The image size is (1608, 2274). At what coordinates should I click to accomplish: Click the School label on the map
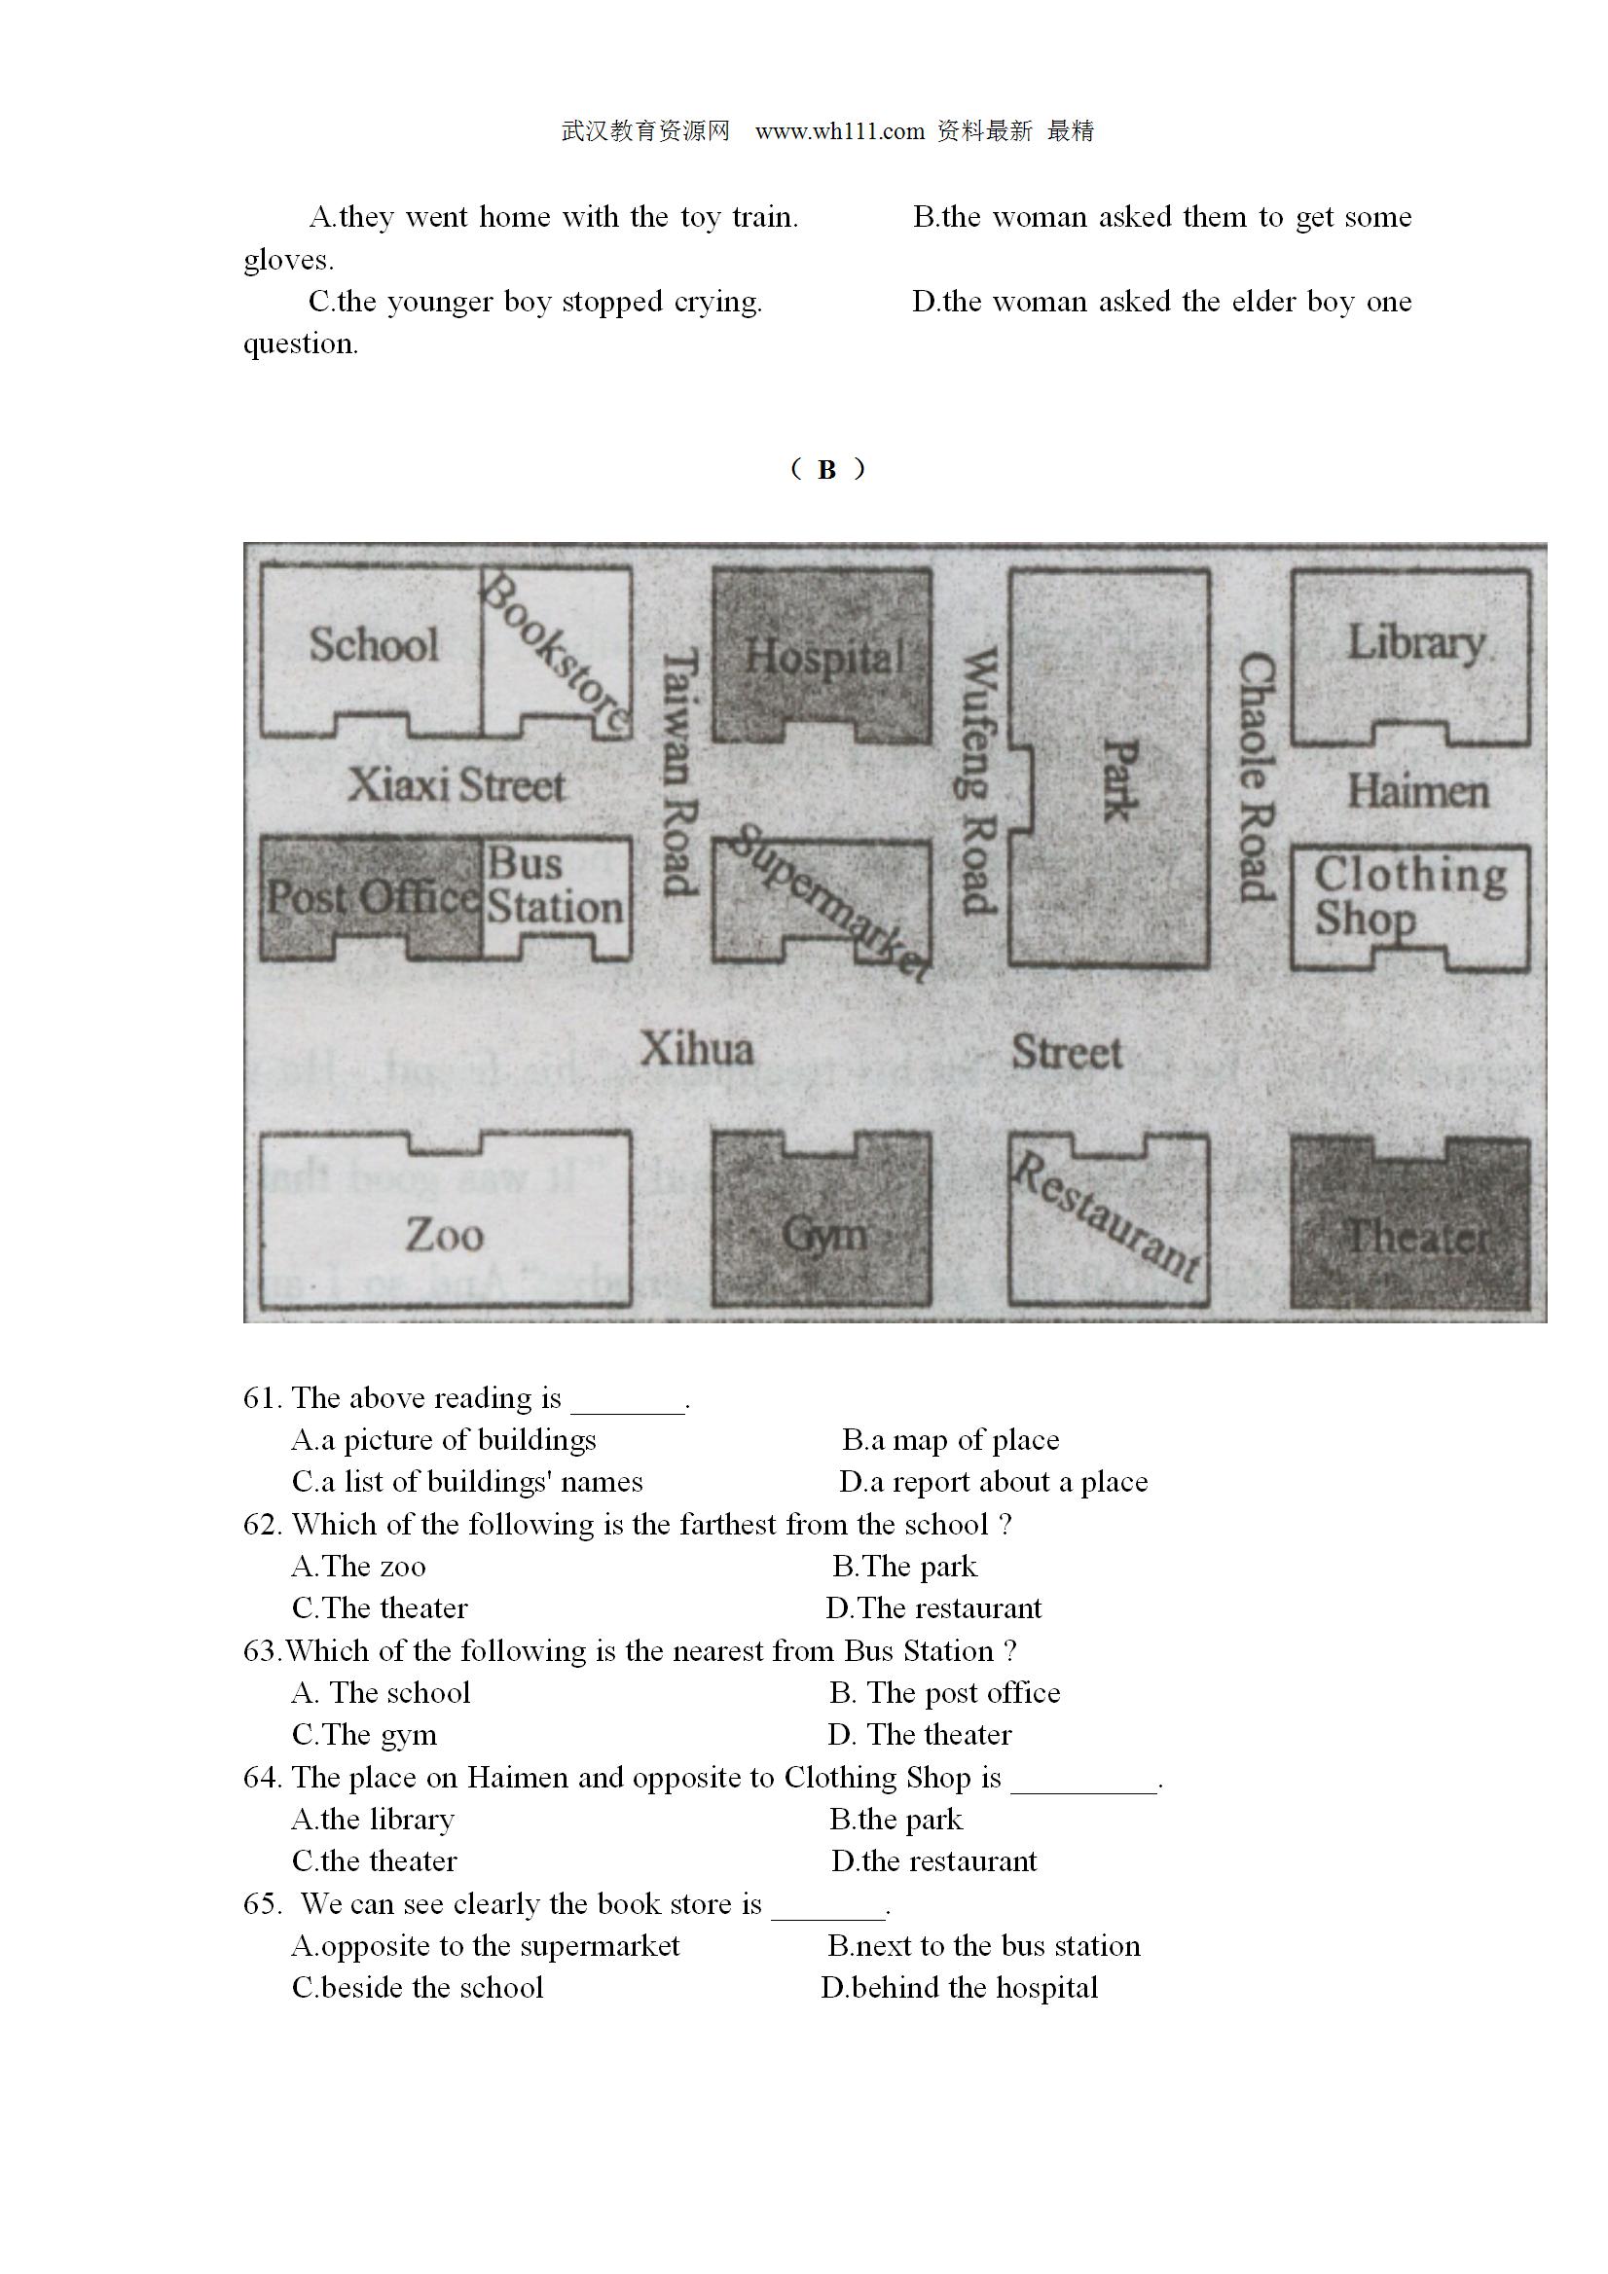click(x=374, y=644)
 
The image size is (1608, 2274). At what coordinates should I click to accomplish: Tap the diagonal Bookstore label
click(x=556, y=654)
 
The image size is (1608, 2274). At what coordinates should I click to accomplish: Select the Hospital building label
click(x=824, y=657)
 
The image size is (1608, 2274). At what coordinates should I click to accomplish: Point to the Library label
click(x=1416, y=643)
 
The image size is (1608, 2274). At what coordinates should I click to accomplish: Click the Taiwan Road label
click(x=680, y=772)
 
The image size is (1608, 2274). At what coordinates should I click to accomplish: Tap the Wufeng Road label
click(x=978, y=779)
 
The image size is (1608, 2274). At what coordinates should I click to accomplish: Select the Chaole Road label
click(x=1257, y=776)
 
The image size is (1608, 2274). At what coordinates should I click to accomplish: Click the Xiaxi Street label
click(x=456, y=785)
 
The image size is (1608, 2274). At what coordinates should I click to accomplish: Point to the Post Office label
click(x=374, y=897)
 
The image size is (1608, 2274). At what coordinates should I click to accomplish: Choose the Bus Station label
click(x=555, y=885)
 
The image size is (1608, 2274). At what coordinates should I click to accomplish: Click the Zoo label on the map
click(x=445, y=1234)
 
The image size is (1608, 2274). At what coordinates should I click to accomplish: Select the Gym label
click(x=824, y=1235)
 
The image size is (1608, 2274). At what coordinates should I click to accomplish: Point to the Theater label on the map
click(x=1418, y=1236)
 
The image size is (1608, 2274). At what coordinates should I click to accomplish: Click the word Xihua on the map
click(x=697, y=1049)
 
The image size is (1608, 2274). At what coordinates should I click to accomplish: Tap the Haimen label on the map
click(x=1418, y=791)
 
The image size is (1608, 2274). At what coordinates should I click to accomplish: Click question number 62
click(x=262, y=1524)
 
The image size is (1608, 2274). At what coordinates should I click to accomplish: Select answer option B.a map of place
click(x=950, y=1440)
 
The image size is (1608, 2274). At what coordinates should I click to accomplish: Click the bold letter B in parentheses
click(x=826, y=469)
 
